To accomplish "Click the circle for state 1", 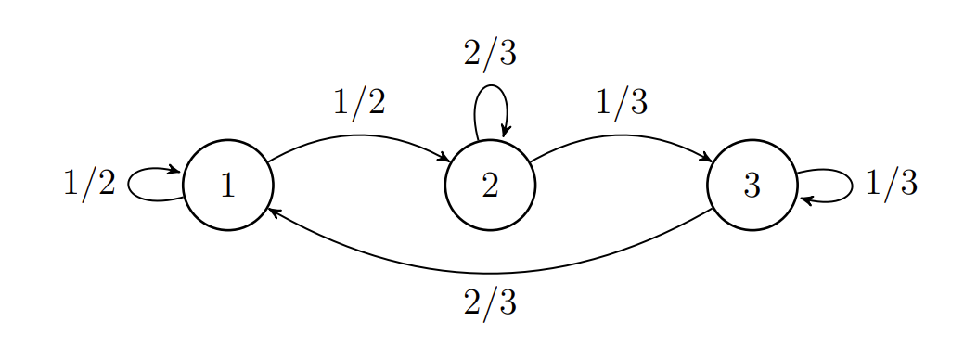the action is pyautogui.click(x=228, y=185).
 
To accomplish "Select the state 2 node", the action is pyautogui.click(x=490, y=185).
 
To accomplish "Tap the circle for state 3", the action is pyautogui.click(x=752, y=185).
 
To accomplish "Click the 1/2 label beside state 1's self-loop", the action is pyautogui.click(x=89, y=184).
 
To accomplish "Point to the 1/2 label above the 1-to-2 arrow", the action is pyautogui.click(x=359, y=102).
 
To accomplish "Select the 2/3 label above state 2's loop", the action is pyautogui.click(x=490, y=54).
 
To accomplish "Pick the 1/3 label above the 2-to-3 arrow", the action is pyautogui.click(x=621, y=102).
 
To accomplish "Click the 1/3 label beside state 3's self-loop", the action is pyautogui.click(x=891, y=184).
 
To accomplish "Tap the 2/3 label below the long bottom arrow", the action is pyautogui.click(x=490, y=302).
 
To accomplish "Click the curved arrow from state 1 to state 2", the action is pyautogui.click(x=359, y=135).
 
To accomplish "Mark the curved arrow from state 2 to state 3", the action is pyautogui.click(x=621, y=135).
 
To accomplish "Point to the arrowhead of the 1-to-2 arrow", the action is pyautogui.click(x=443, y=157).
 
